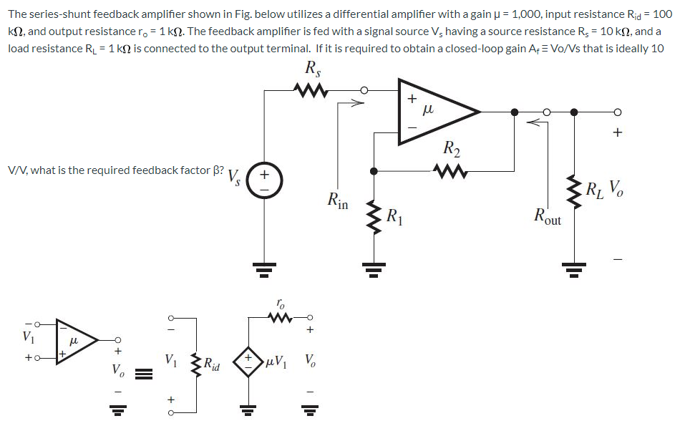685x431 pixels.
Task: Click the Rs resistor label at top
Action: tap(312, 69)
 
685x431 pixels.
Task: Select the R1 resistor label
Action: tap(394, 215)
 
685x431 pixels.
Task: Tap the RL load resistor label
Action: tap(594, 191)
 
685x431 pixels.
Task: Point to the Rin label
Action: tap(338, 200)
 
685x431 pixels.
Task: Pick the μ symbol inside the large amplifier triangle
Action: tap(429, 110)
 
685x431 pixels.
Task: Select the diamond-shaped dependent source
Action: tap(249, 361)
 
